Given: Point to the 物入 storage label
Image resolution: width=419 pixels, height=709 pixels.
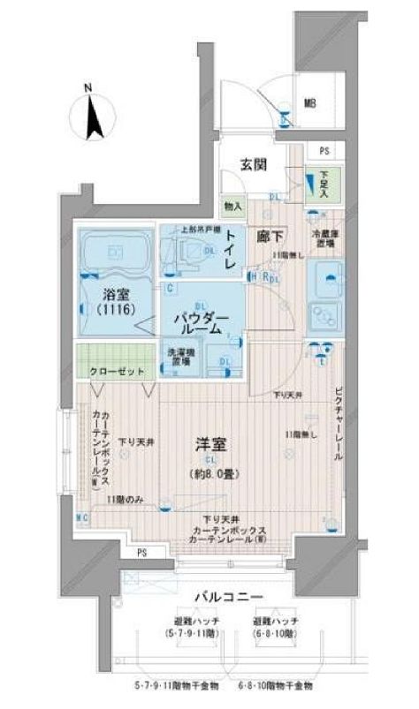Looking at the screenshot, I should (x=232, y=207).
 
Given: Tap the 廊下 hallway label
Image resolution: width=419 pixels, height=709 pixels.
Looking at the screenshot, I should (x=270, y=236).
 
